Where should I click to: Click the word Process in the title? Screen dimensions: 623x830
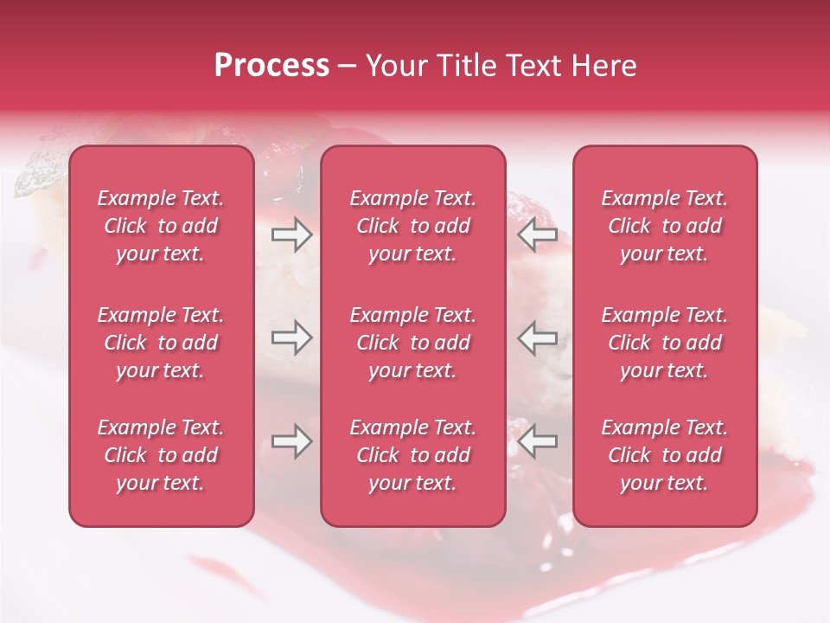[271, 66]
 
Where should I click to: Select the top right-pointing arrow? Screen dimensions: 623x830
[291, 234]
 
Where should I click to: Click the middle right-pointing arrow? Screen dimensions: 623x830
[291, 337]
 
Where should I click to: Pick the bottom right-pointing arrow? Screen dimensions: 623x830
[291, 441]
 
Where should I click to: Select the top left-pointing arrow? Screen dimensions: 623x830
[538, 234]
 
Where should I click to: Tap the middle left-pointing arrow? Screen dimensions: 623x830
[538, 337]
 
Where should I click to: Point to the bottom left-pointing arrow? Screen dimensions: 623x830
[538, 441]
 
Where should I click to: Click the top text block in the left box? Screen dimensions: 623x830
[161, 226]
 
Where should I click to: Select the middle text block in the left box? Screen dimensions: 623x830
[161, 343]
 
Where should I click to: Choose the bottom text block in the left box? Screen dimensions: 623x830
[161, 455]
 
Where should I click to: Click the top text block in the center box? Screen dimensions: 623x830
[413, 226]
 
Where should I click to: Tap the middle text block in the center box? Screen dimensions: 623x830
[413, 343]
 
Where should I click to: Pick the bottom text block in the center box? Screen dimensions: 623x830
[413, 455]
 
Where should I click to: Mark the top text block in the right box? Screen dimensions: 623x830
[665, 226]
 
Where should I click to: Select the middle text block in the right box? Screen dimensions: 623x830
[665, 343]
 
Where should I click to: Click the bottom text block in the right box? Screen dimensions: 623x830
[665, 455]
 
